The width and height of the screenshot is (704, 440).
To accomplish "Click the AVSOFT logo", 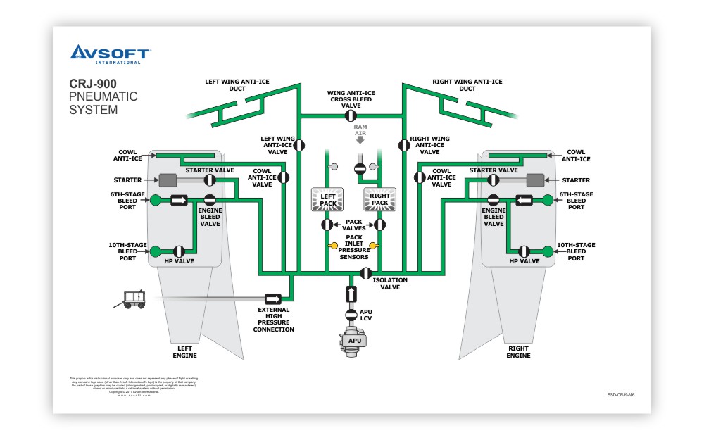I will pos(111,54).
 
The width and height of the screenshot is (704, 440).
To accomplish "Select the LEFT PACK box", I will pos(327,199).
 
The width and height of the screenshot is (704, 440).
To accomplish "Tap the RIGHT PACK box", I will pos(380,199).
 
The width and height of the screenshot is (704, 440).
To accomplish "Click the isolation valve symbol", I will pos(365,273).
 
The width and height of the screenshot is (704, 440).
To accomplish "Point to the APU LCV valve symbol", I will pos(351,313).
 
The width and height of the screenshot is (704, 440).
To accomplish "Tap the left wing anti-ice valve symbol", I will pos(299,145).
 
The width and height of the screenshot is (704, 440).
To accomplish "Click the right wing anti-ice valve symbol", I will pos(404,145).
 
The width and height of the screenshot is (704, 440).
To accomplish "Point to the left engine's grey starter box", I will pos(168,180).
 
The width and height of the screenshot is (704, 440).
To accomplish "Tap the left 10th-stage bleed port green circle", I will pos(156,251).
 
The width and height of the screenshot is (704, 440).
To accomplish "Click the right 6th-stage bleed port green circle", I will pos(548,201).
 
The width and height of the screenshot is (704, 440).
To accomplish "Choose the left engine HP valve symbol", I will pos(179,251).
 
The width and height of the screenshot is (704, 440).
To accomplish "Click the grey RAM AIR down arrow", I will pos(360,139).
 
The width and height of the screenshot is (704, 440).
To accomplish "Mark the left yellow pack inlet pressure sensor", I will pos(333,246).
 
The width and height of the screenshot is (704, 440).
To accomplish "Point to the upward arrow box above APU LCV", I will pos(351,293).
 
